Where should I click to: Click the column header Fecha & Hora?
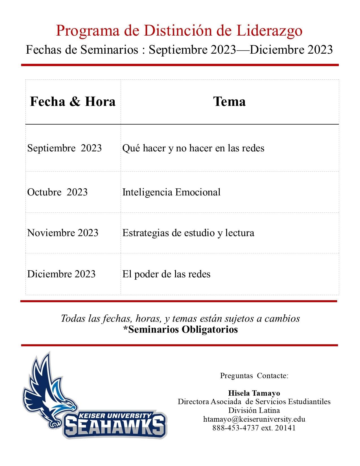[73, 102]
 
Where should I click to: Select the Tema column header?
[229, 102]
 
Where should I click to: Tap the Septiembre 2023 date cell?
[64, 148]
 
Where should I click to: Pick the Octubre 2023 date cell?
[57, 192]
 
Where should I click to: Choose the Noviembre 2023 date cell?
[63, 233]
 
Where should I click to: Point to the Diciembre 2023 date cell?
[61, 274]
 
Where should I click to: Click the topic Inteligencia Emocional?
[171, 192]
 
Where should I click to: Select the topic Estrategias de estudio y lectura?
[188, 233]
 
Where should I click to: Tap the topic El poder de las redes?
[166, 274]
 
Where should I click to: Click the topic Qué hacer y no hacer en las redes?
[193, 148]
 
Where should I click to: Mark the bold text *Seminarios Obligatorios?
[180, 329]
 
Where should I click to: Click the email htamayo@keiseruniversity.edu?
[254, 419]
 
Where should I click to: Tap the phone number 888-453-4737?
[235, 428]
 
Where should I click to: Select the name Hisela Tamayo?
[254, 393]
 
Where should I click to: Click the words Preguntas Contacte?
[254, 376]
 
